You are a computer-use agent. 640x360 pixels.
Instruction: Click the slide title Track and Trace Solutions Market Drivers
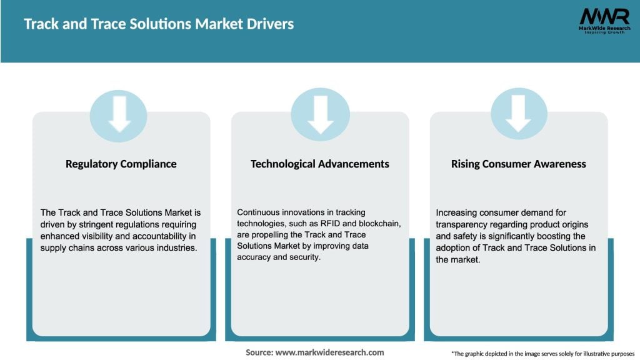click(159, 24)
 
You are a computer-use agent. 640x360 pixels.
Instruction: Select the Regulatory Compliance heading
click(121, 164)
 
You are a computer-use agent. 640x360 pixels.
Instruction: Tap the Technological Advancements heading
click(320, 164)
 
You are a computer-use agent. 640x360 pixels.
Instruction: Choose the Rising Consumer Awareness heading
click(519, 164)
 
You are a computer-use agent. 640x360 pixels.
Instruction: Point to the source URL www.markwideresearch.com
click(331, 352)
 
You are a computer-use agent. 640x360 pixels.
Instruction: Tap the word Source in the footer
click(259, 352)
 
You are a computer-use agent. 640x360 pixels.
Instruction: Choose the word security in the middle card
click(305, 257)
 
